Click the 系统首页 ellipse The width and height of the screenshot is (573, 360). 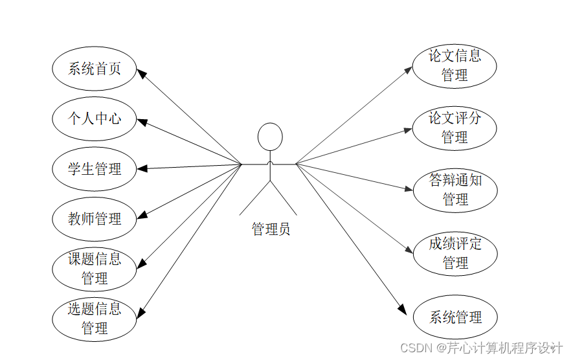pyautogui.click(x=95, y=69)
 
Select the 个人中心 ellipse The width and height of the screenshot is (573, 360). pyautogui.click(x=95, y=118)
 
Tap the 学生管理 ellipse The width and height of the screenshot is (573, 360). pyautogui.click(x=95, y=169)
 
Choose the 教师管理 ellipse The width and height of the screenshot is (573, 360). pyautogui.click(x=95, y=219)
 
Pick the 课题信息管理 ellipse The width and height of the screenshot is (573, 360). pyautogui.click(x=95, y=269)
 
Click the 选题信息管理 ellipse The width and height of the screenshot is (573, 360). pyautogui.click(x=95, y=319)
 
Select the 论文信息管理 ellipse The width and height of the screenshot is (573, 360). pyautogui.click(x=455, y=65)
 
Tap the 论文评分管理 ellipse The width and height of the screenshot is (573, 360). pyautogui.click(x=455, y=128)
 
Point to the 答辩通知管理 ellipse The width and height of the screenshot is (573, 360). pyautogui.click(x=455, y=190)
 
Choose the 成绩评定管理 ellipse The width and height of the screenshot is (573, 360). pyautogui.click(x=455, y=253)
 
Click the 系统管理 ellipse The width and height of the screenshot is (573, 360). pyautogui.click(x=455, y=317)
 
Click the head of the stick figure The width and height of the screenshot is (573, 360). pyautogui.click(x=270, y=137)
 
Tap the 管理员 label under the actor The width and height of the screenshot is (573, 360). pyautogui.click(x=271, y=229)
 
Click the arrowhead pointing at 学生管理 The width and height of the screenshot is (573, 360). pyautogui.click(x=142, y=168)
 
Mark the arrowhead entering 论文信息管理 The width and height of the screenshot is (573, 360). pyautogui.click(x=409, y=69)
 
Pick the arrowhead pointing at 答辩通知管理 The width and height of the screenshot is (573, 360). pyautogui.click(x=409, y=190)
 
